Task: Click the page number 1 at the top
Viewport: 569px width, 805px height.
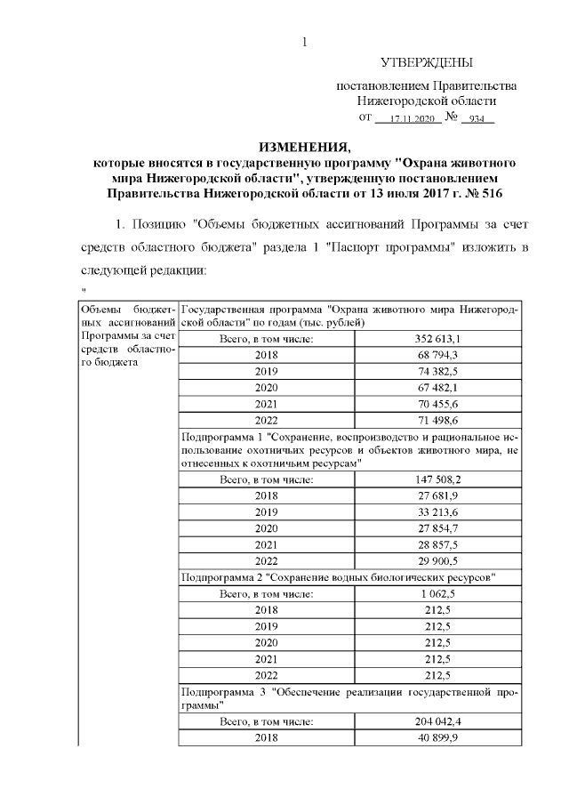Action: pos(305,41)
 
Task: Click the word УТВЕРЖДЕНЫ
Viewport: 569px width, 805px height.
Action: pos(426,63)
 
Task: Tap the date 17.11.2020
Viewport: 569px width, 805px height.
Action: pos(410,118)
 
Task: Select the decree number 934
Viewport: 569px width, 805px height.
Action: pos(477,118)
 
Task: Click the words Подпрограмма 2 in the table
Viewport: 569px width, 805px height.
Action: pos(223,577)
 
